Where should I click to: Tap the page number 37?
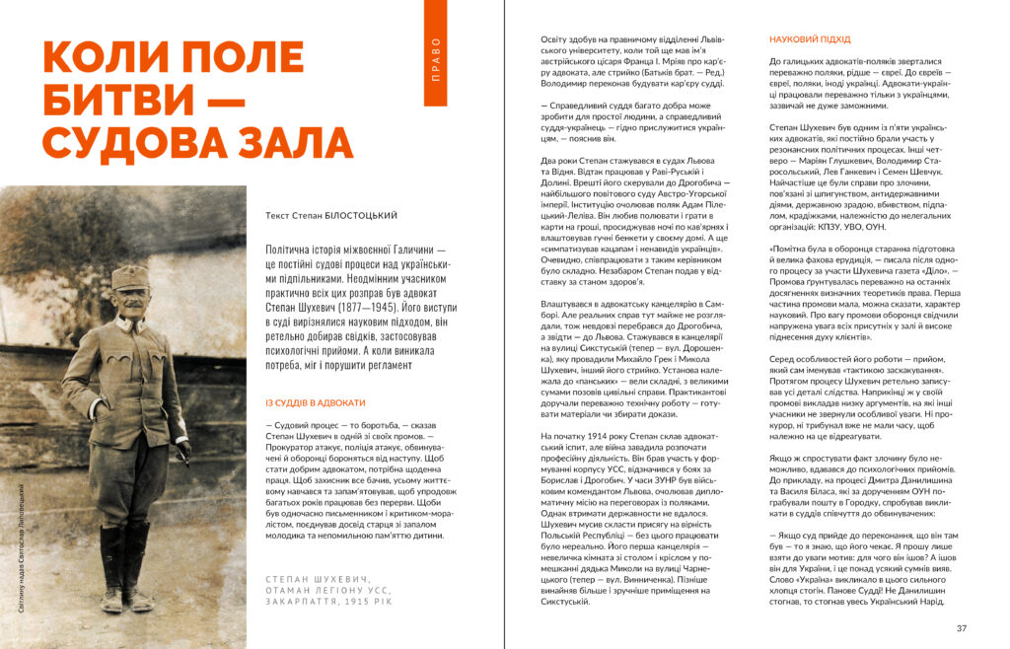click(962, 628)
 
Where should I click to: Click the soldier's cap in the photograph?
click(128, 277)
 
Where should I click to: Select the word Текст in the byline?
click(281, 214)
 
